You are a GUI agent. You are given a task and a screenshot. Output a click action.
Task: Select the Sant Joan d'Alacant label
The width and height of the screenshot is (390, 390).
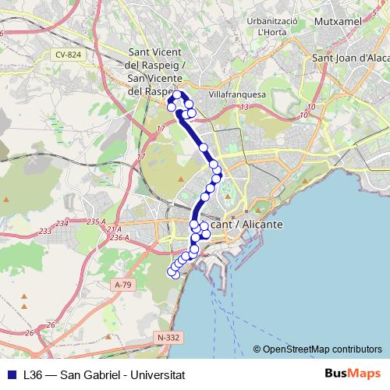[349, 57]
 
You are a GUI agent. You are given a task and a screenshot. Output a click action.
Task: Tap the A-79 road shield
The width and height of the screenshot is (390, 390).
[123, 285]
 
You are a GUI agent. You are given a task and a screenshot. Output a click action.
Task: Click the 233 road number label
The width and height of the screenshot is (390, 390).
[44, 232]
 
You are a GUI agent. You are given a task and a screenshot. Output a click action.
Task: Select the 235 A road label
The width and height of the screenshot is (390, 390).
[96, 222]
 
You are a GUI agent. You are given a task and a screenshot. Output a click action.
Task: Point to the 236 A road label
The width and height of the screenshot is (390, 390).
[119, 237]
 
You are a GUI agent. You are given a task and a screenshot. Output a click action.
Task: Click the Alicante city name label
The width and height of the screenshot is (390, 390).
[234, 224]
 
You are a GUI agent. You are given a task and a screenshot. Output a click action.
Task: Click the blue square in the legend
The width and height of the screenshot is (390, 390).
[12, 374]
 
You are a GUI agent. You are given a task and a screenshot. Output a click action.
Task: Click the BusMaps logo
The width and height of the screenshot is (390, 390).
[353, 374]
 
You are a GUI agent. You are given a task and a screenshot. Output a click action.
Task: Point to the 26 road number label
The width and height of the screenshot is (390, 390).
[51, 324]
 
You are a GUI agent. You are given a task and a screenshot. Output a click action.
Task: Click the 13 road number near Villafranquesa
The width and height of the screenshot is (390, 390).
[245, 107]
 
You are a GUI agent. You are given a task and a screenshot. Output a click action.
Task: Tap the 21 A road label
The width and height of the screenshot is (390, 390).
[114, 229]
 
